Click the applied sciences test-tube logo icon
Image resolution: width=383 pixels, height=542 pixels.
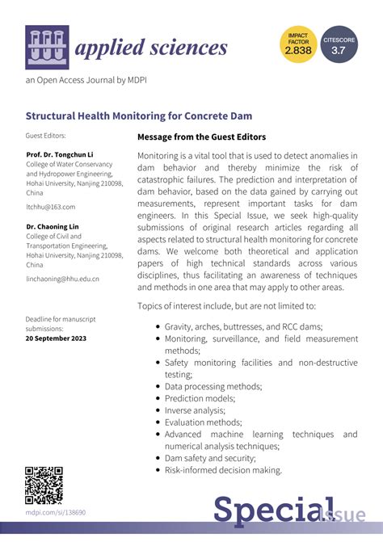[x=47, y=46]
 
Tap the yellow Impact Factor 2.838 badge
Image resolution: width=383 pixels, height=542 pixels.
[x=297, y=45]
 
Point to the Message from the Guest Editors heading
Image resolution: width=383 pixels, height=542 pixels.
[x=201, y=137]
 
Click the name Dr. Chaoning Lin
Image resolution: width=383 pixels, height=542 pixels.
[x=54, y=227]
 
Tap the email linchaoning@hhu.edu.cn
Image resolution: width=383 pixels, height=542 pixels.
[x=62, y=279]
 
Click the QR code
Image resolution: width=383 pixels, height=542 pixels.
[x=44, y=485]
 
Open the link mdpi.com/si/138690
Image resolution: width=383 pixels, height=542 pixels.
[x=55, y=512]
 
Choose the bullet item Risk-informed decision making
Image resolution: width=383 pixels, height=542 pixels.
[x=223, y=470]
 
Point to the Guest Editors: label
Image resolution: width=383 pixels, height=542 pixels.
[x=46, y=136]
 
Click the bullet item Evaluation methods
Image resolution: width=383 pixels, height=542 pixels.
[x=203, y=422]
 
